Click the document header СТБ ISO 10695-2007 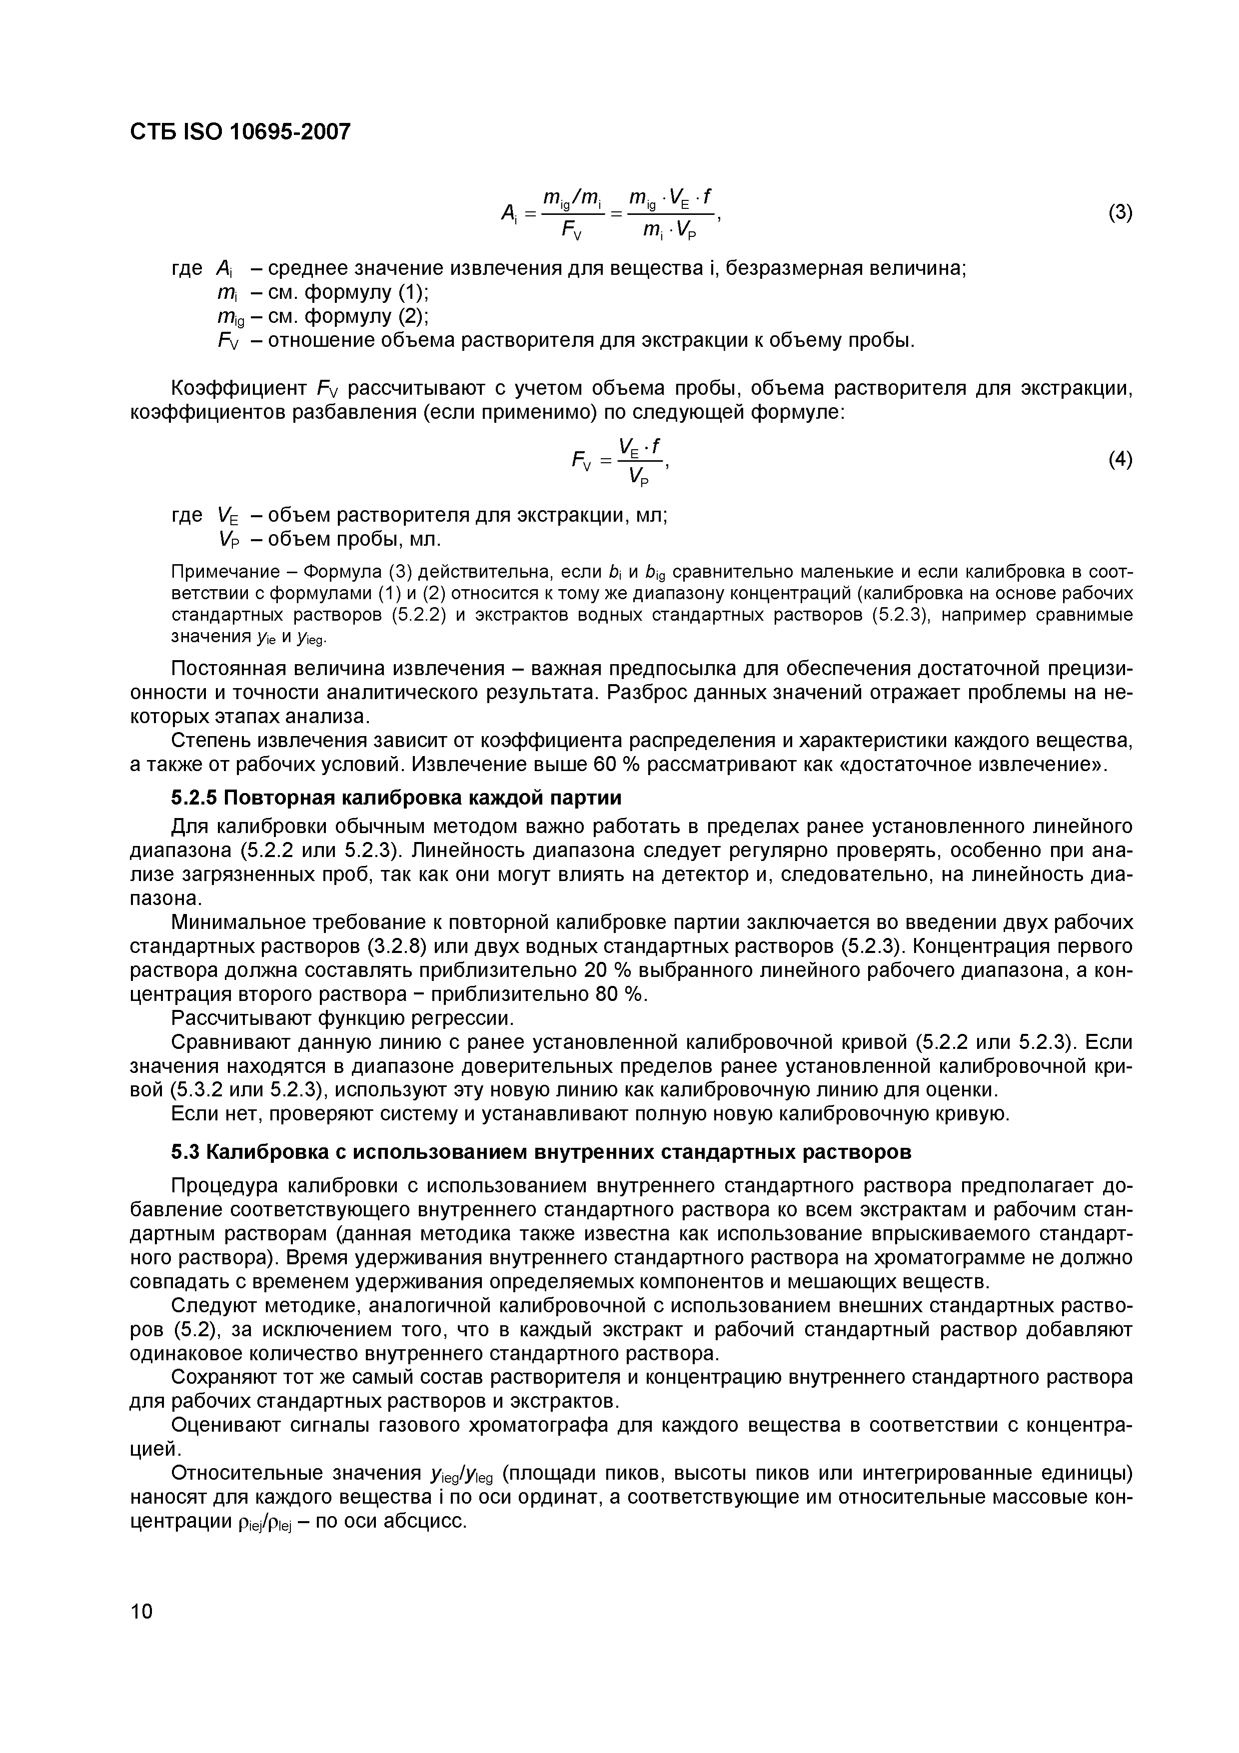coord(240,132)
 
